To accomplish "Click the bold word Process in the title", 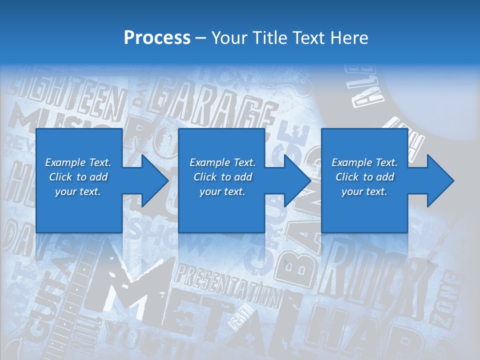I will click(x=157, y=37).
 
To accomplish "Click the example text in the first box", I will click(x=78, y=177).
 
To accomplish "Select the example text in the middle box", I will click(x=222, y=177).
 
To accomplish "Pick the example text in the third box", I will click(x=364, y=177).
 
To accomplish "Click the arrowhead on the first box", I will click(x=153, y=181).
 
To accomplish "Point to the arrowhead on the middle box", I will click(x=296, y=181).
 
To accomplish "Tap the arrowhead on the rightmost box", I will click(x=439, y=181).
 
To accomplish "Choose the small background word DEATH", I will click(x=239, y=320).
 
